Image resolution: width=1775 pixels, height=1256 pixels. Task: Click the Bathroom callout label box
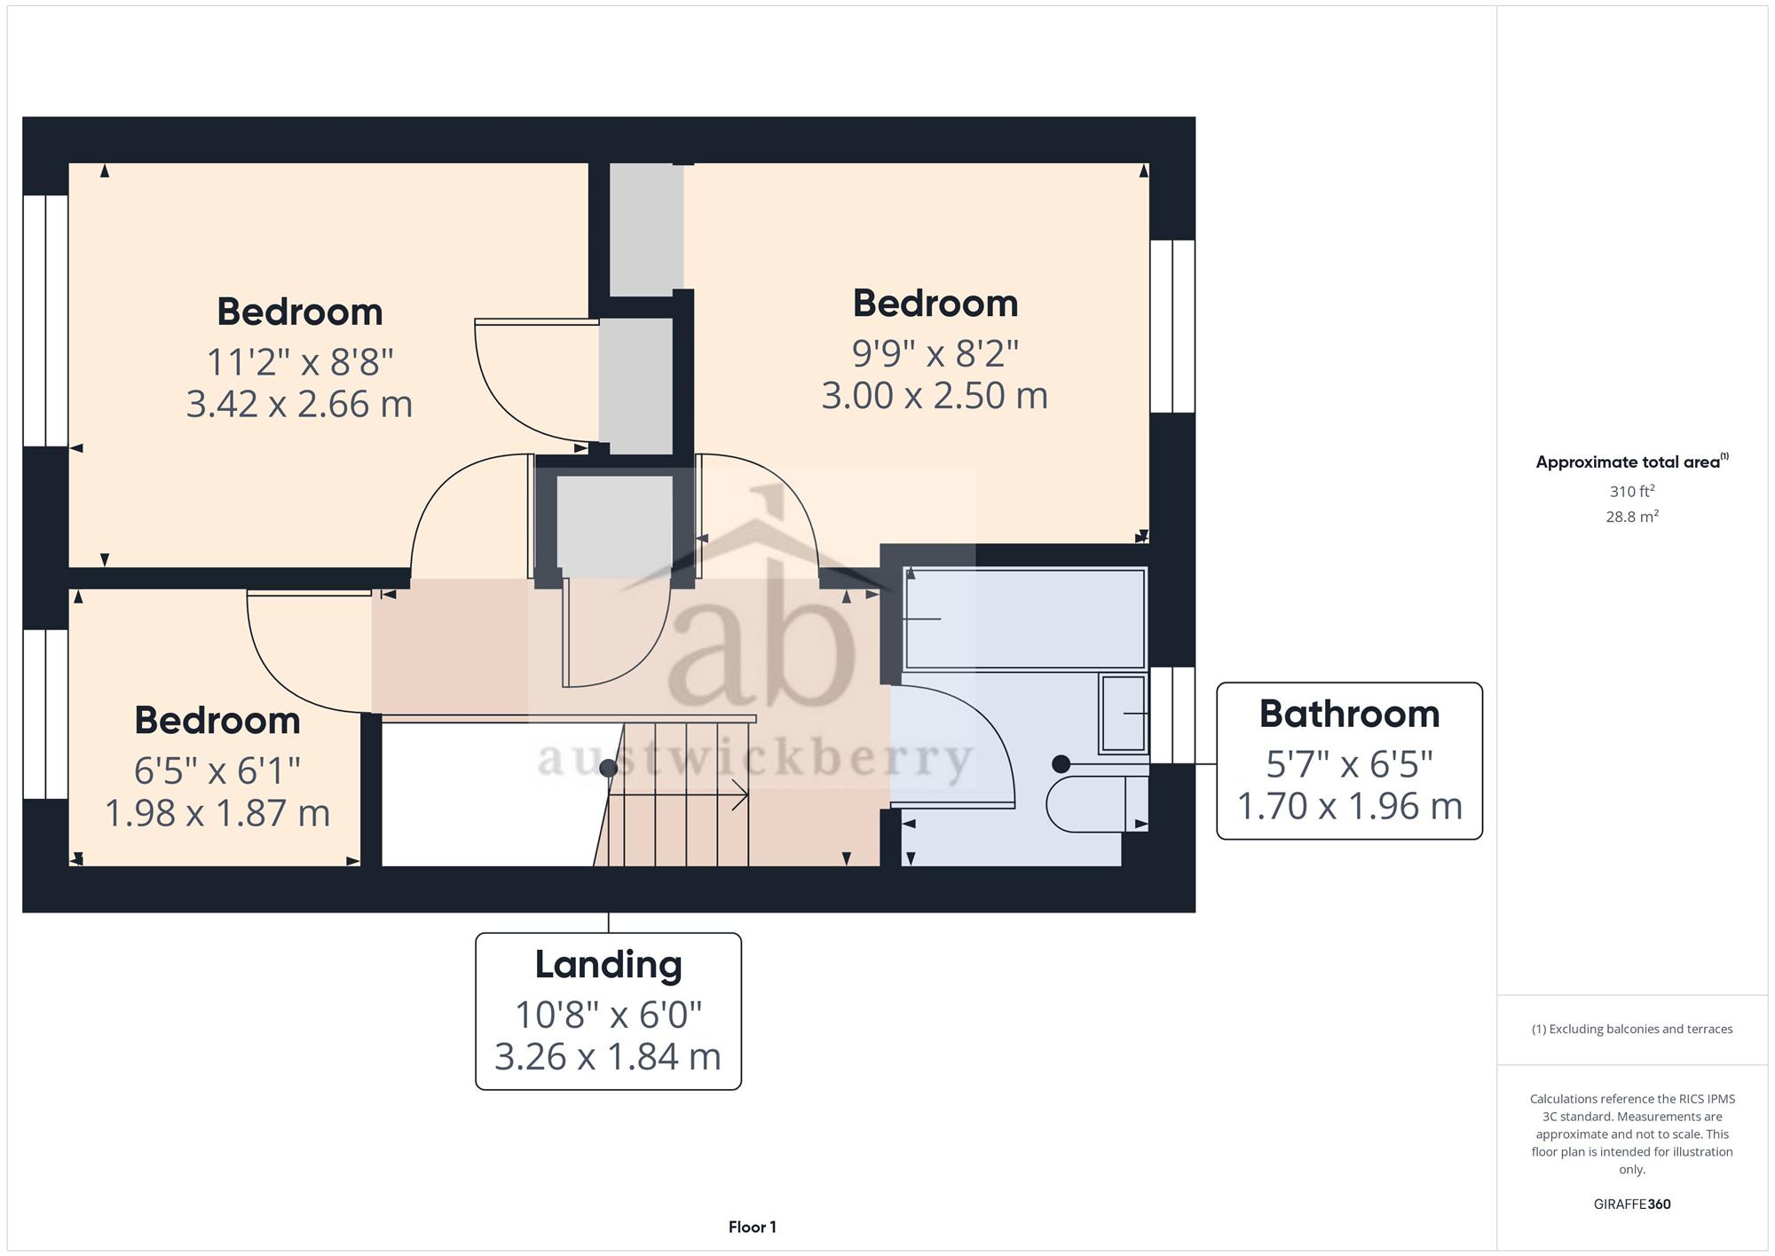click(x=1349, y=761)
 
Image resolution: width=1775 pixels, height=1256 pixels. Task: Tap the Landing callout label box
click(x=608, y=1011)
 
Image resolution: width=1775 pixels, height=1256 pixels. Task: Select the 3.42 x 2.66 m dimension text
click(x=299, y=404)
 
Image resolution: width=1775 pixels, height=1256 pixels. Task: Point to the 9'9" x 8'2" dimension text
click(x=935, y=353)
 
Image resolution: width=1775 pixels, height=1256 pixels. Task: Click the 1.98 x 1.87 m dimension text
click(x=217, y=813)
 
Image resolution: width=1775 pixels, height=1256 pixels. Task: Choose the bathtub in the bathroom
click(x=1025, y=619)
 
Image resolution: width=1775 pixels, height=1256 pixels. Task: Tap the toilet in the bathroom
click(x=1098, y=803)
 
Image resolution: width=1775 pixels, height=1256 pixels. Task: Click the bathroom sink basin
click(x=1124, y=713)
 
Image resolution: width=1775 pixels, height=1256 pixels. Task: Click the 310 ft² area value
click(x=1632, y=491)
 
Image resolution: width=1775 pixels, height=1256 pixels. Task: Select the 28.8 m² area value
click(x=1632, y=516)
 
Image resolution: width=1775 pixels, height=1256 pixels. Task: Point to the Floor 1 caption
click(x=753, y=1227)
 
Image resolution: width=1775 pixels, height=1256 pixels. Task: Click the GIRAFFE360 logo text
click(x=1632, y=1204)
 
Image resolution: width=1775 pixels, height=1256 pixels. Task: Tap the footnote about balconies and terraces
click(x=1632, y=1029)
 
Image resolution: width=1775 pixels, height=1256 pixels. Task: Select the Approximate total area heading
click(x=1632, y=462)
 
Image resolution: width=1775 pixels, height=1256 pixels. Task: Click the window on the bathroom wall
click(x=1172, y=715)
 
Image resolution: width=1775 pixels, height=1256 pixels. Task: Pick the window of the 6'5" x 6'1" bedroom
click(x=45, y=715)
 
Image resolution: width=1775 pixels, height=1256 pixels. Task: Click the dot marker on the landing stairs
click(x=608, y=768)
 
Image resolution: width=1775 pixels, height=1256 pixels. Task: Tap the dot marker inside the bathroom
click(x=1061, y=763)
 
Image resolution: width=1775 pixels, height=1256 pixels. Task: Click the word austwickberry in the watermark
click(x=755, y=760)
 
